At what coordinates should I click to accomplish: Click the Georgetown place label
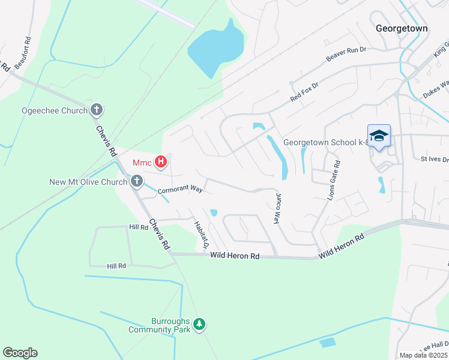[402, 28]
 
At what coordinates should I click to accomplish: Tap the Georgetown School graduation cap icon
[379, 136]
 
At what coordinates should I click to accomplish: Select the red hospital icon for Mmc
[161, 161]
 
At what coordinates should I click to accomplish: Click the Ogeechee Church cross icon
[97, 110]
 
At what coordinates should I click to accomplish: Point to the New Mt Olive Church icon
[137, 181]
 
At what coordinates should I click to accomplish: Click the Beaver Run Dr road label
[346, 53]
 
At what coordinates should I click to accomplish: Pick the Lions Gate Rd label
[334, 180]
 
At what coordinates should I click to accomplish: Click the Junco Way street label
[278, 208]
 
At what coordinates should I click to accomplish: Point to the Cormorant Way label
[181, 190]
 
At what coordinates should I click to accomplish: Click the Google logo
[20, 353]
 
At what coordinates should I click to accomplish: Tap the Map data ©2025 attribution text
[423, 355]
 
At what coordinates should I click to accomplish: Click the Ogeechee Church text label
[54, 110]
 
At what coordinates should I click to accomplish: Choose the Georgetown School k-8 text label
[325, 143]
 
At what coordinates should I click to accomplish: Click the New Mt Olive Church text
[88, 182]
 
